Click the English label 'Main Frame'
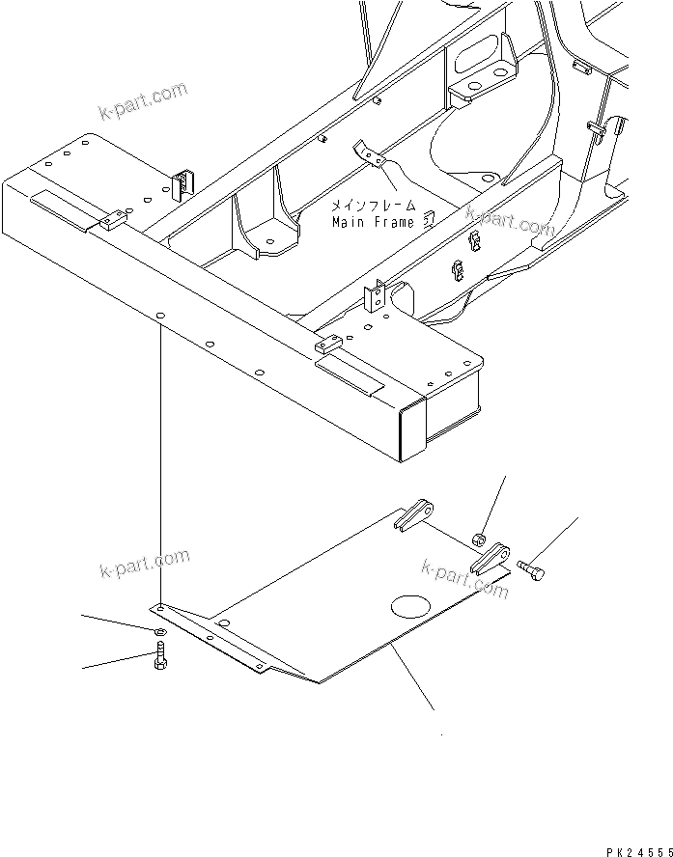[x=373, y=222]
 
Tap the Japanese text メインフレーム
[x=375, y=206]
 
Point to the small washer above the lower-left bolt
[x=158, y=632]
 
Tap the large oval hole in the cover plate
[x=412, y=607]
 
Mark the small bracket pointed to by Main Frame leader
[x=368, y=152]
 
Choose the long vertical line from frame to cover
[x=160, y=463]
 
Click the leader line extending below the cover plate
[x=411, y=680]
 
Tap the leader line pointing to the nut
[x=493, y=505]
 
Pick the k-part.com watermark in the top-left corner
[x=142, y=101]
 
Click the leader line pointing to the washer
[x=115, y=622]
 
